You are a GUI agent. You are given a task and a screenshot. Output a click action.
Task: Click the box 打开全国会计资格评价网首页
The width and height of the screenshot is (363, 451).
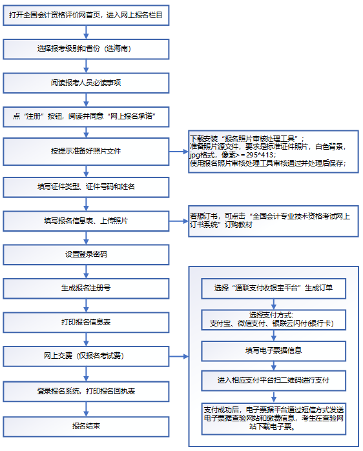[85, 14]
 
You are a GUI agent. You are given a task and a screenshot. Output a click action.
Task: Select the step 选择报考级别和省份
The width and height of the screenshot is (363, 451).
[85, 48]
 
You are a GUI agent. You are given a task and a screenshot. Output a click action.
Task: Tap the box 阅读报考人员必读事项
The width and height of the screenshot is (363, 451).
[85, 83]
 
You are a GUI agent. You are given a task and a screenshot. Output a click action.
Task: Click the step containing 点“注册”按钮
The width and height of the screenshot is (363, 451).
[85, 117]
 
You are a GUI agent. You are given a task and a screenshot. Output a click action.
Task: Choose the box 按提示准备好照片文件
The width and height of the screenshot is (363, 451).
[85, 152]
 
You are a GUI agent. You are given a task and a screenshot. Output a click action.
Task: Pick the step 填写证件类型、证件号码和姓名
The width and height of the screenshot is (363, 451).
[85, 186]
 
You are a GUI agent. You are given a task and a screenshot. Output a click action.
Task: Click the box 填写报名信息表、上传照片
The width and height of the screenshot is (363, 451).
[85, 221]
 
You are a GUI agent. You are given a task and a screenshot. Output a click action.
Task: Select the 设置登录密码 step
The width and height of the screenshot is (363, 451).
[85, 254]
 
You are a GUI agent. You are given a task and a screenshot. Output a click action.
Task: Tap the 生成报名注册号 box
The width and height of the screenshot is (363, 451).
[85, 288]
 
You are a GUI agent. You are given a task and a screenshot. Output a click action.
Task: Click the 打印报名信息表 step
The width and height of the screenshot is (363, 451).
[85, 322]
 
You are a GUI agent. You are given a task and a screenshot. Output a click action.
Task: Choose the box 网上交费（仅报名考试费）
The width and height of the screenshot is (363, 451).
[85, 356]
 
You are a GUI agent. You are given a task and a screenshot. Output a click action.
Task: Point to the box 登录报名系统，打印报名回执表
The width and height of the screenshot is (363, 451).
[85, 391]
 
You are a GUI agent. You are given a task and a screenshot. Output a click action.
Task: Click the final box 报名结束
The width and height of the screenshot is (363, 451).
[85, 425]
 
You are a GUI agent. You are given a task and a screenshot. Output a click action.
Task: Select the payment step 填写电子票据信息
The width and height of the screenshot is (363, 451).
[273, 351]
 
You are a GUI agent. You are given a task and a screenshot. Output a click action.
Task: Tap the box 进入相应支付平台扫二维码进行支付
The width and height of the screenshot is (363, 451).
[273, 380]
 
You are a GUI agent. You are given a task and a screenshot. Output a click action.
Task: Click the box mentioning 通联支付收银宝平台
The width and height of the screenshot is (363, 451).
[273, 287]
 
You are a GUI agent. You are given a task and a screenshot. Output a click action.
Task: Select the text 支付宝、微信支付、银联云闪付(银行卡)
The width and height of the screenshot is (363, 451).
[273, 323]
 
